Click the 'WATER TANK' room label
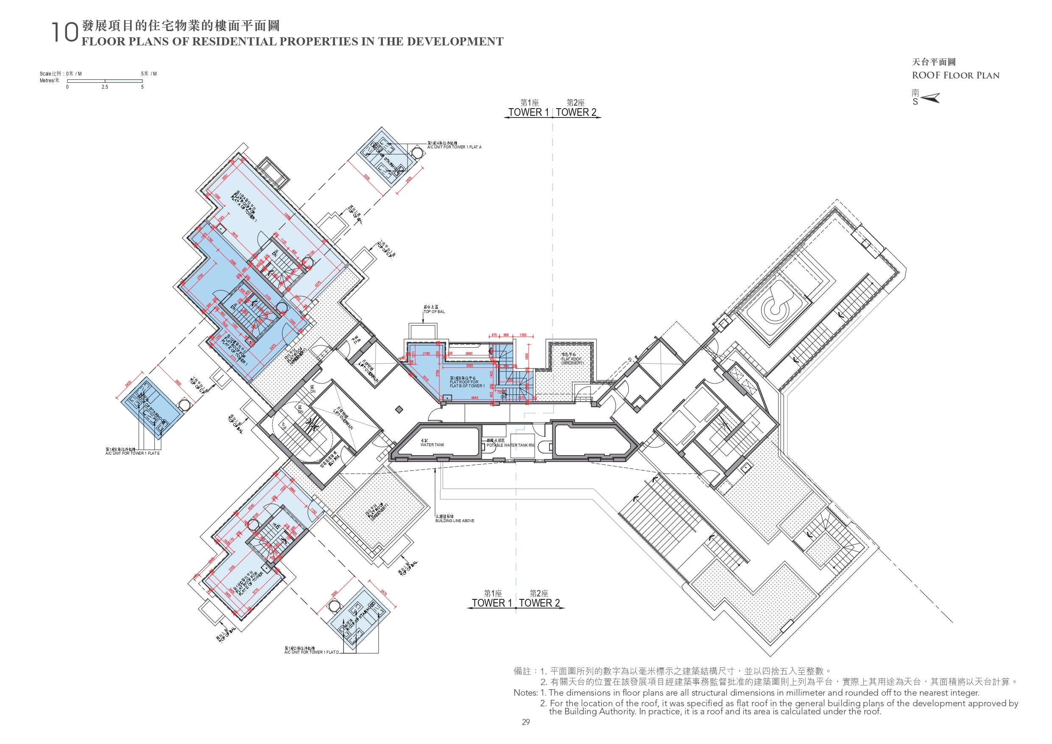432,445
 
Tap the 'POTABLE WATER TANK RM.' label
510,445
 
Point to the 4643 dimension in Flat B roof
474,397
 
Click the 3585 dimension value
470,366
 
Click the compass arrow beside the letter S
930,98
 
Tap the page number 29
525,722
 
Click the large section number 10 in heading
64,33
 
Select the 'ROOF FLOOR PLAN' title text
955,76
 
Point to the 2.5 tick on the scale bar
105,87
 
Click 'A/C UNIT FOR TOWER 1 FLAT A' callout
454,147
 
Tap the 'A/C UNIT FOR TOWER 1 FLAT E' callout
132,453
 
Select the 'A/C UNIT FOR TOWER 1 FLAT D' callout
311,652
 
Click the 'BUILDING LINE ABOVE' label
455,521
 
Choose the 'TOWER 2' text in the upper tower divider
576,112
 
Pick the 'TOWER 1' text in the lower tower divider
491,603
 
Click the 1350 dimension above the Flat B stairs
523,335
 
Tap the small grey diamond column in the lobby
399,409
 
